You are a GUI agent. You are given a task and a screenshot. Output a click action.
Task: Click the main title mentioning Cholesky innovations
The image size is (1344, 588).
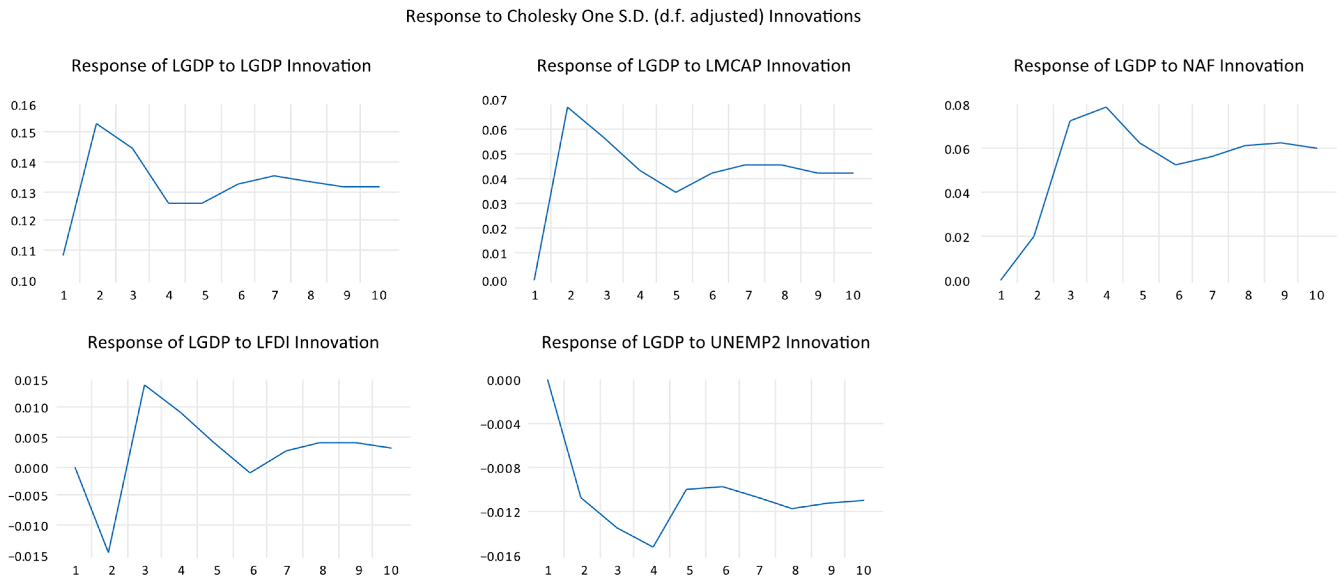pos(633,16)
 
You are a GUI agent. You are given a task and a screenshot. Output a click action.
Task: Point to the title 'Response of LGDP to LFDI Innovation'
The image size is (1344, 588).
pos(233,342)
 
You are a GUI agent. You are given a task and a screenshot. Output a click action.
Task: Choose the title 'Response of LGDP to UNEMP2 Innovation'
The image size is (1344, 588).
pos(705,342)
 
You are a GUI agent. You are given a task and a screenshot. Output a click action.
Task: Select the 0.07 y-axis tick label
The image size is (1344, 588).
pos(494,100)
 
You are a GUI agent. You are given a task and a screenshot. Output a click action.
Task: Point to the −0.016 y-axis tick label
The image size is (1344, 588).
pos(500,556)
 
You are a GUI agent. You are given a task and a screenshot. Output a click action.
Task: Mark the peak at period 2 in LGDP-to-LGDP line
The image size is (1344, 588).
pos(96,124)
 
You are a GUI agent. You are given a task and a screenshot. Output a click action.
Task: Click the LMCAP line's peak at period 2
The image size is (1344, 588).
pos(568,108)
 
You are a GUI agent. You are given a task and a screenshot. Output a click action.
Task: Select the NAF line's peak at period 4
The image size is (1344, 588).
pos(1106,108)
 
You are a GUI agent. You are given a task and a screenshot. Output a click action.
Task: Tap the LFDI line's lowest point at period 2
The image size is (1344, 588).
pos(109,552)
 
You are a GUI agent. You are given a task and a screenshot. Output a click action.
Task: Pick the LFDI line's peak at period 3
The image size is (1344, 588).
pos(144,385)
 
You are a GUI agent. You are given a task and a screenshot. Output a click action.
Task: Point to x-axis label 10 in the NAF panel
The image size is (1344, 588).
pos(1316,295)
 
